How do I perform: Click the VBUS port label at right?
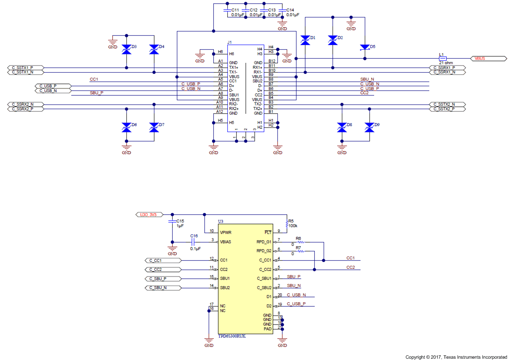click(x=488, y=58)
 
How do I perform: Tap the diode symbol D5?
click(x=364, y=47)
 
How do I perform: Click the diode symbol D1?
click(x=305, y=40)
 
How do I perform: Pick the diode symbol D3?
click(x=126, y=49)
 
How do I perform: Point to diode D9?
click(x=369, y=127)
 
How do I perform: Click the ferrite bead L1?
click(x=442, y=58)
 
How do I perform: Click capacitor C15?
click(x=172, y=221)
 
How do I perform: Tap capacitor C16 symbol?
click(x=193, y=242)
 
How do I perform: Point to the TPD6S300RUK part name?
click(x=232, y=336)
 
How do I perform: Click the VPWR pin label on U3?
click(x=225, y=233)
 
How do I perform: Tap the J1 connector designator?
click(x=229, y=42)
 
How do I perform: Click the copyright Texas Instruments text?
click(x=456, y=357)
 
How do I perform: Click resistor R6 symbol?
click(x=301, y=242)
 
